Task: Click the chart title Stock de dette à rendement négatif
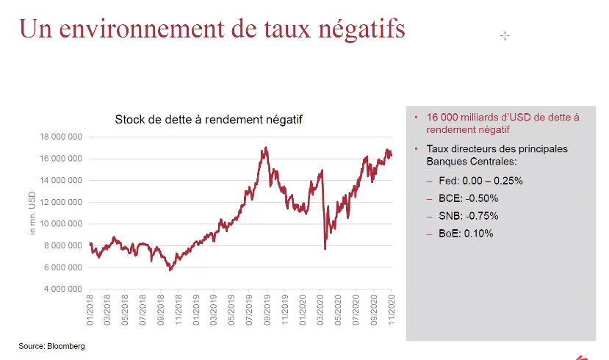click(209, 119)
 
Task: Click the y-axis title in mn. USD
click(32, 213)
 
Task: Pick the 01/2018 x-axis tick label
click(90, 312)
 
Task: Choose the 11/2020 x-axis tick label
click(391, 312)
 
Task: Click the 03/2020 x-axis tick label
click(320, 312)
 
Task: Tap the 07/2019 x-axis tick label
click(250, 312)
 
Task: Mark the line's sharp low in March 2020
click(325, 248)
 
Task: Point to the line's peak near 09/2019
click(265, 148)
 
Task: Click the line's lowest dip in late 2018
click(170, 270)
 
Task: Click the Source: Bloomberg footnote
click(51, 345)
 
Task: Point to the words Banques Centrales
click(469, 160)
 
